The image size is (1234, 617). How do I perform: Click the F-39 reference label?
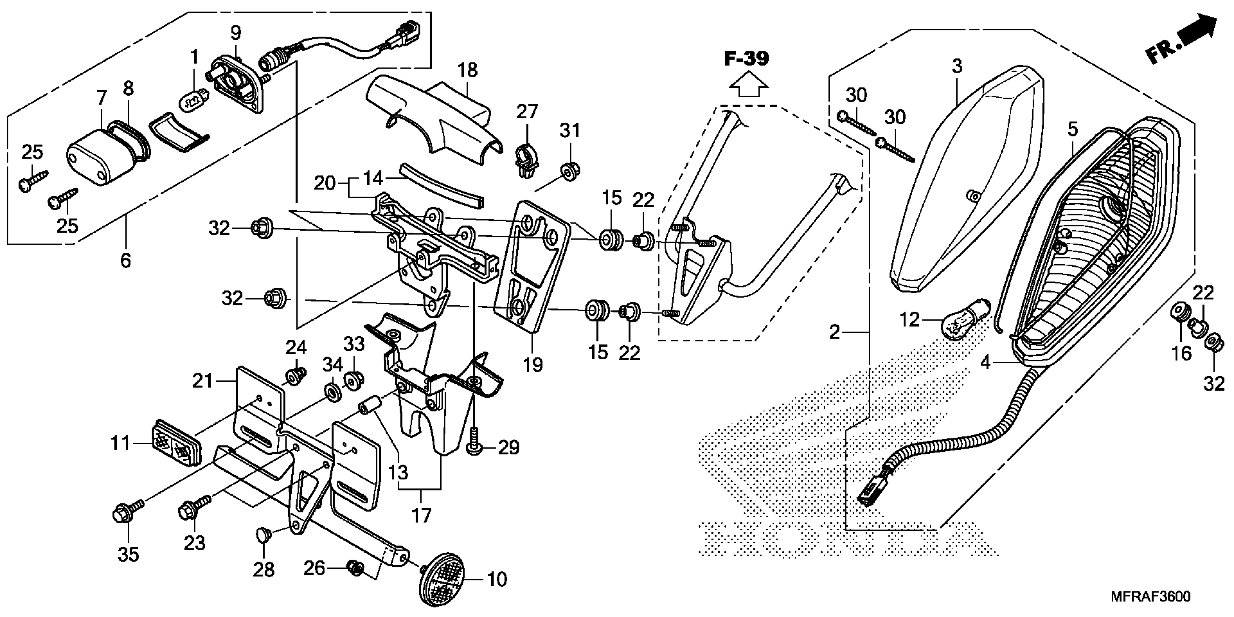[746, 59]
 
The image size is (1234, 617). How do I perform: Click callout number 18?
[467, 70]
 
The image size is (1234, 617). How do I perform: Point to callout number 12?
[909, 319]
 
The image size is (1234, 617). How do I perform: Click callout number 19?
[532, 365]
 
